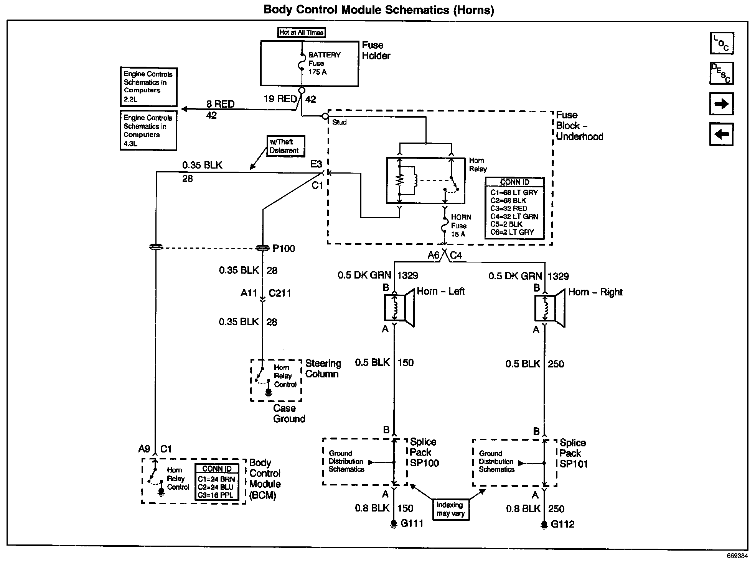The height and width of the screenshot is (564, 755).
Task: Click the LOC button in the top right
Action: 722,43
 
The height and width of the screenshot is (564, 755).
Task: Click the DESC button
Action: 722,73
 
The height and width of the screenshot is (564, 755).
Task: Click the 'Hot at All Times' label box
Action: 302,33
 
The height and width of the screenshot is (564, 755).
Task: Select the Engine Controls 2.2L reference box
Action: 148,87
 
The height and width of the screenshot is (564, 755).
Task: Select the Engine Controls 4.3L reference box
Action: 148,130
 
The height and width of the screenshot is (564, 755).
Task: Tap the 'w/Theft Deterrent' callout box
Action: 285,146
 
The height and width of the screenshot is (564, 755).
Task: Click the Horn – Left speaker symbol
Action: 399,308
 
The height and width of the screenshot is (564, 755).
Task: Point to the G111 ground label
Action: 412,523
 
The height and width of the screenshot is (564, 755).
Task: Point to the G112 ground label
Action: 562,524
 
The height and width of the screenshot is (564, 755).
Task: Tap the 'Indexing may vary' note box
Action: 451,509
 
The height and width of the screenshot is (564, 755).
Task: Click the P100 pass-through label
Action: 284,249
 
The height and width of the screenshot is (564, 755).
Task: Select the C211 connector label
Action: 280,293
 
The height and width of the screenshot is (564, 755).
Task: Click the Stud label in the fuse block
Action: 340,122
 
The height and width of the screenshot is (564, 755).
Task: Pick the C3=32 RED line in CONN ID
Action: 509,208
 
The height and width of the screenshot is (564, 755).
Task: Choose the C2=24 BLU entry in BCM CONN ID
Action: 216,487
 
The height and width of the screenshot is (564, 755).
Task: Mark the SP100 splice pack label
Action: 424,463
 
